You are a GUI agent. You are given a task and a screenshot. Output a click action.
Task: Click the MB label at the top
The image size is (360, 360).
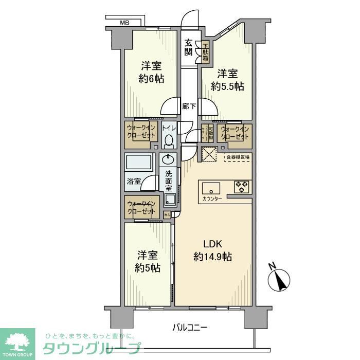click(x=124, y=23)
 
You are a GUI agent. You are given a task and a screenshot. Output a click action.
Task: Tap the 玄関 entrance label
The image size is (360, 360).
click(x=189, y=47)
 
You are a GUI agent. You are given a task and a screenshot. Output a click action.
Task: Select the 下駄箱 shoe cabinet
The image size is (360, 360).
click(x=206, y=52)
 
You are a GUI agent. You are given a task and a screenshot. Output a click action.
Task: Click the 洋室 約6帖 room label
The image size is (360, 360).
click(x=152, y=73)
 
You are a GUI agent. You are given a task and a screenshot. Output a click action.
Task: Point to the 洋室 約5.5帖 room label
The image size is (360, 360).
click(x=227, y=79)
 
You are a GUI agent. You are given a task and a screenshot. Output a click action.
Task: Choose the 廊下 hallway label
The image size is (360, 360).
click(x=189, y=106)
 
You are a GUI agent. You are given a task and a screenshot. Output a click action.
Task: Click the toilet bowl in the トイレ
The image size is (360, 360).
click(x=168, y=140)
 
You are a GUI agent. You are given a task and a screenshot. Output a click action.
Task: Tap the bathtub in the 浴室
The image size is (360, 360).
click(x=139, y=165)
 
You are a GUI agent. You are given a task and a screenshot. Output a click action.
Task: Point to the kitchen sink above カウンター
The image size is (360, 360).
click(x=211, y=186)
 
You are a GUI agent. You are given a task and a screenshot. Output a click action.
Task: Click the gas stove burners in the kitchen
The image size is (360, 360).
click(x=242, y=186)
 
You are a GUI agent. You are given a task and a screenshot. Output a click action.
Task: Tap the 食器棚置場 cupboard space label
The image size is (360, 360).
click(x=238, y=157)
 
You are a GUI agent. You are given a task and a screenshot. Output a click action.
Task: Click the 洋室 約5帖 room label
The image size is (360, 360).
click(x=148, y=261)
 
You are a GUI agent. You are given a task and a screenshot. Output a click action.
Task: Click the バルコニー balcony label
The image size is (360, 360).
click(x=189, y=327)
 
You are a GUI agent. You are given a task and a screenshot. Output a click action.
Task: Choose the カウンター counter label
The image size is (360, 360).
click(x=212, y=199)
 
